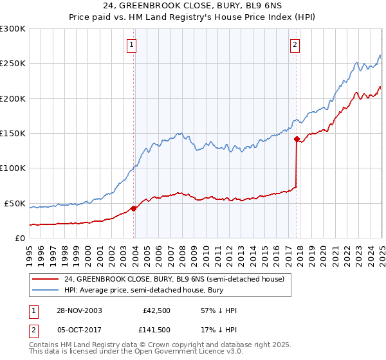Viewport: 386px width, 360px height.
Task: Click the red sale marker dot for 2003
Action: pos(134,208)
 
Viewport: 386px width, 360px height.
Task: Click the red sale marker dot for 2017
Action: pos(297,139)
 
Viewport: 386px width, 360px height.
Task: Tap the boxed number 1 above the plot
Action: pos(131,45)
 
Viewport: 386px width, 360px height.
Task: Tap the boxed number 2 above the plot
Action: pos(294,45)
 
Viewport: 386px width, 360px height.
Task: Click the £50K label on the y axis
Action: pos(15,203)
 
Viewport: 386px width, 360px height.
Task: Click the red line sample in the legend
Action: pos(46,279)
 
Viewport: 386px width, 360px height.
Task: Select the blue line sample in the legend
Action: pos(46,291)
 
